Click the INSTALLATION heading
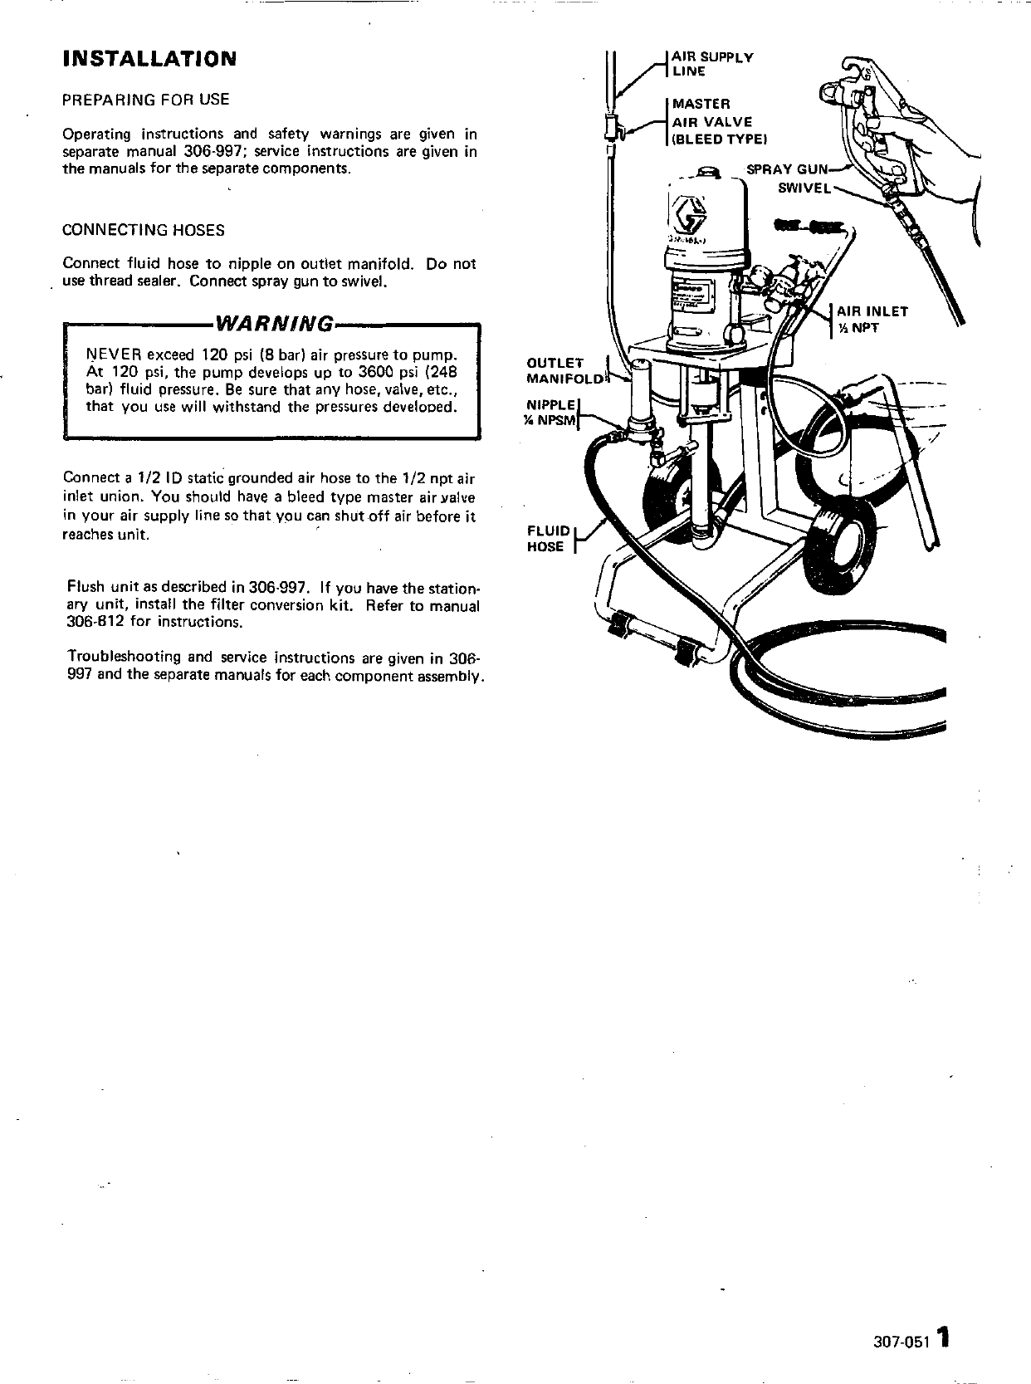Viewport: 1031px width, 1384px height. pyautogui.click(x=149, y=59)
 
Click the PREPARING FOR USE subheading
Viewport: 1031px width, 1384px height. pyautogui.click(x=146, y=100)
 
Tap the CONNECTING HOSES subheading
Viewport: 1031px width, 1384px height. pyautogui.click(x=144, y=230)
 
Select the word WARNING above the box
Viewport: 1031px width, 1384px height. pyautogui.click(x=275, y=322)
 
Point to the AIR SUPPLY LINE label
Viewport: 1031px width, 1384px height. pyautogui.click(x=711, y=64)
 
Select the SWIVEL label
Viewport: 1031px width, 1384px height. pyautogui.click(x=804, y=188)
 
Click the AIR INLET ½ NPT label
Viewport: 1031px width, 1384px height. pyautogui.click(x=871, y=320)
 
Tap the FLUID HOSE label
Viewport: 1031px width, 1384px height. pyautogui.click(x=549, y=539)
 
